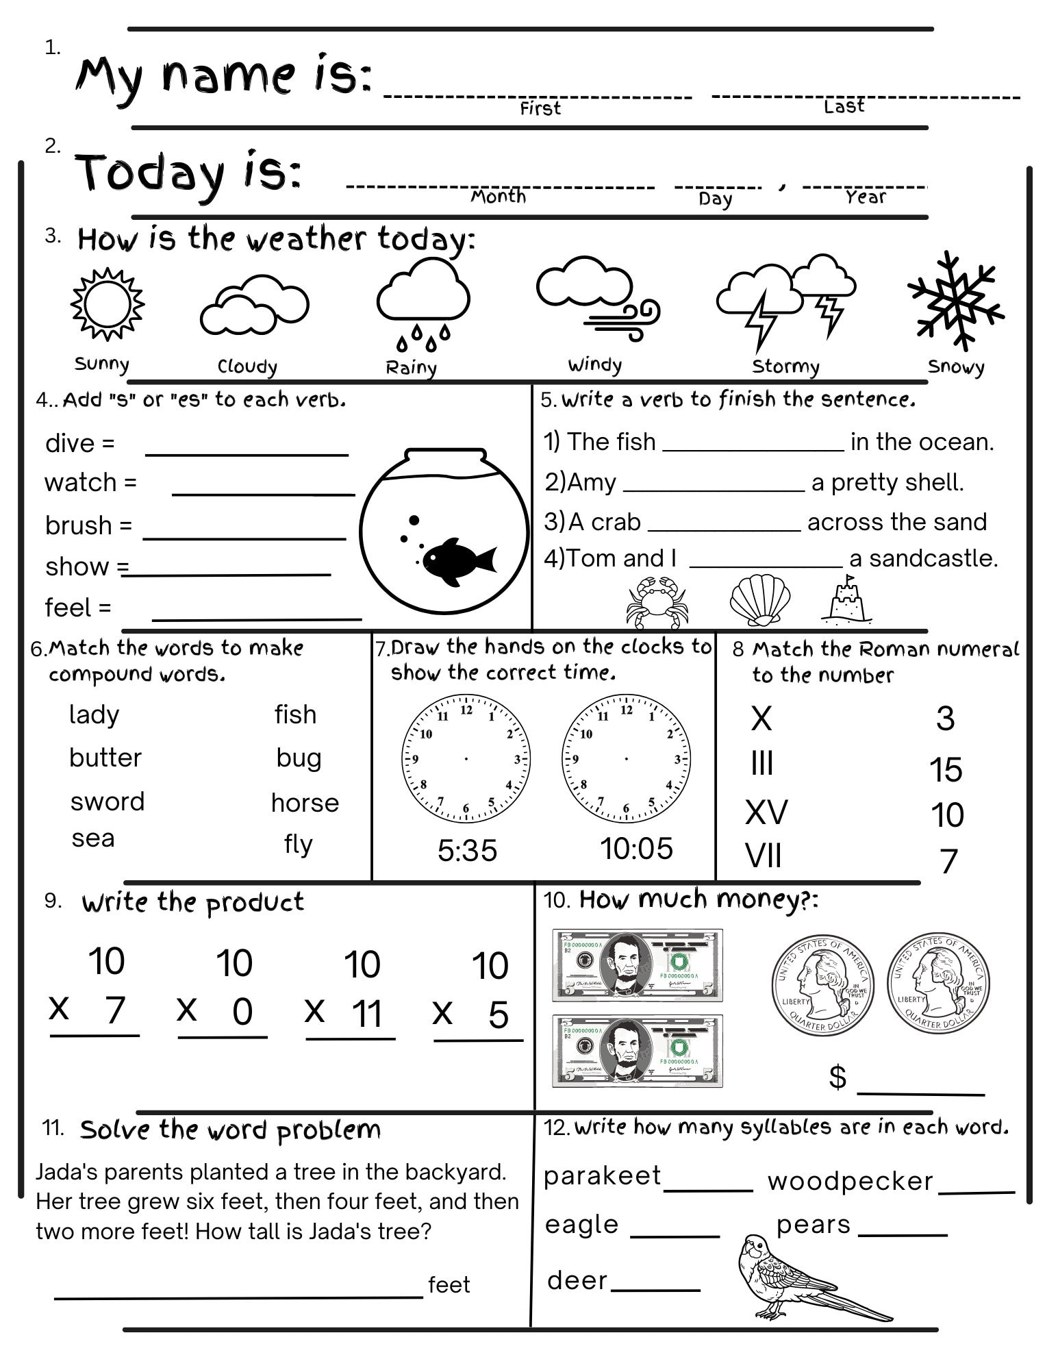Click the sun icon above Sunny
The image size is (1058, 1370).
click(108, 304)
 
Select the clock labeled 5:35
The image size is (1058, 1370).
click(466, 758)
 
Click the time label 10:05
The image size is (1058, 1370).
click(636, 849)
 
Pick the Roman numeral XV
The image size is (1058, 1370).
click(766, 812)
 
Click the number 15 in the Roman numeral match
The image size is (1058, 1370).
click(946, 770)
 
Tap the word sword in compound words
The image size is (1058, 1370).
click(108, 801)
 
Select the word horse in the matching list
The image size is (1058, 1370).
click(305, 803)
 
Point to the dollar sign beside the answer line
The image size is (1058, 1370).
click(837, 1077)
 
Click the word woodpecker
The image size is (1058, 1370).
click(850, 1181)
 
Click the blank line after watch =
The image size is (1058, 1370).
click(264, 492)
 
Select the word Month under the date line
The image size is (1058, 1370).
click(498, 197)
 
